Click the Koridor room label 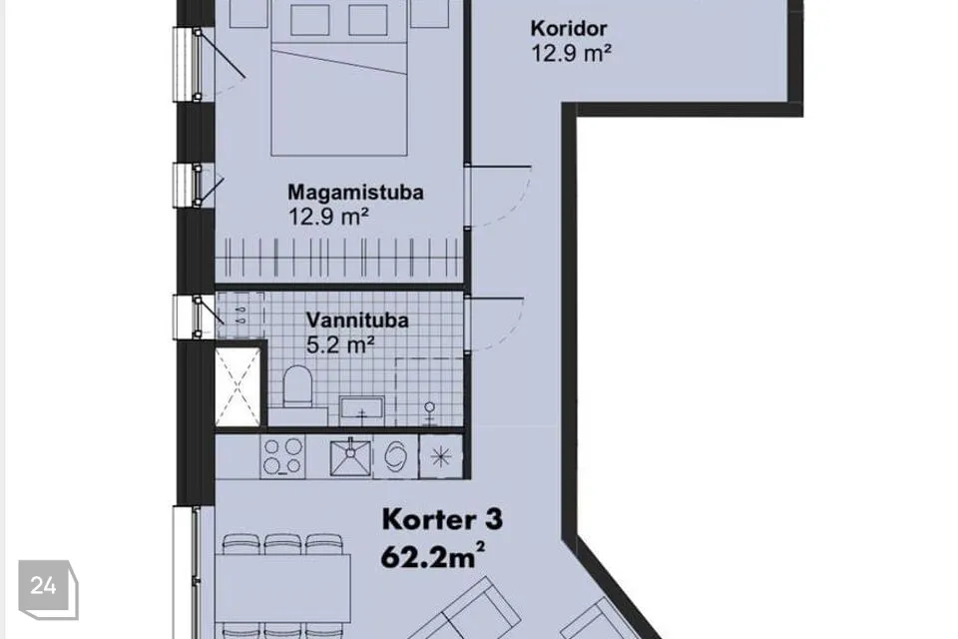(x=568, y=28)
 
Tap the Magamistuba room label (x=355, y=192)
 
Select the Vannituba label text (x=357, y=319)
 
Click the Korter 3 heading (x=442, y=520)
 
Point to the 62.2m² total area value (x=433, y=556)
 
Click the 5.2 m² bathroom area (x=339, y=345)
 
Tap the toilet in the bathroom (x=298, y=386)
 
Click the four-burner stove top (x=282, y=456)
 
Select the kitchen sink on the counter (x=350, y=456)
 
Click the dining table (x=282, y=588)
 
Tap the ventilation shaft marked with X (x=238, y=387)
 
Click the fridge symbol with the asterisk (x=440, y=456)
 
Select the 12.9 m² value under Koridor (x=571, y=53)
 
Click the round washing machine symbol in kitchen (x=395, y=456)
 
